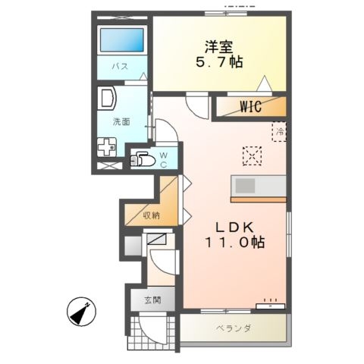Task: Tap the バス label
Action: click(x=120, y=67)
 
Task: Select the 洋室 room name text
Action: click(x=220, y=45)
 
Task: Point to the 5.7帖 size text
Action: click(x=220, y=62)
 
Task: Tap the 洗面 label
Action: click(x=121, y=121)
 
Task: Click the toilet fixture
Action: click(x=144, y=160)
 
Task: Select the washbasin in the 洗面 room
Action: click(x=106, y=99)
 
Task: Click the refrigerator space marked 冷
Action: click(x=279, y=133)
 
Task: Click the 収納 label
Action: click(x=151, y=215)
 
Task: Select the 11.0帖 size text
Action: click(x=234, y=244)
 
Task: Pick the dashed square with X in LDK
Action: click(x=251, y=155)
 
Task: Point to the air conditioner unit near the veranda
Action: click(x=270, y=306)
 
